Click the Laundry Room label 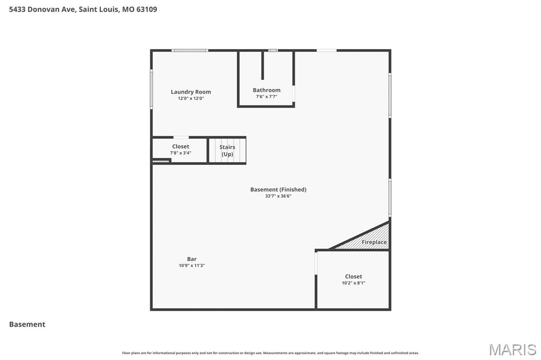point(191,92)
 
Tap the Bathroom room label point(266,90)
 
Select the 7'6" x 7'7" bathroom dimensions point(266,97)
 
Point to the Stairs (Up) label point(227,150)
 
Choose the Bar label point(192,259)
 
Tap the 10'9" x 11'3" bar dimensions point(192,266)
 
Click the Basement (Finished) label point(278,190)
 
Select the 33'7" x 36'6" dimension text point(278,196)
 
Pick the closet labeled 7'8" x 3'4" point(181,149)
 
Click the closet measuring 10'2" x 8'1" point(353,279)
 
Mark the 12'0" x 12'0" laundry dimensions point(191,98)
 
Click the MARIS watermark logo point(512,349)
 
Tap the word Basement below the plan point(27,325)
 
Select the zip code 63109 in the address point(146,10)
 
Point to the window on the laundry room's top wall point(190,51)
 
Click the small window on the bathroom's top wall point(273,51)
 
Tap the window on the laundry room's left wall point(152,90)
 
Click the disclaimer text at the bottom point(270,353)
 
